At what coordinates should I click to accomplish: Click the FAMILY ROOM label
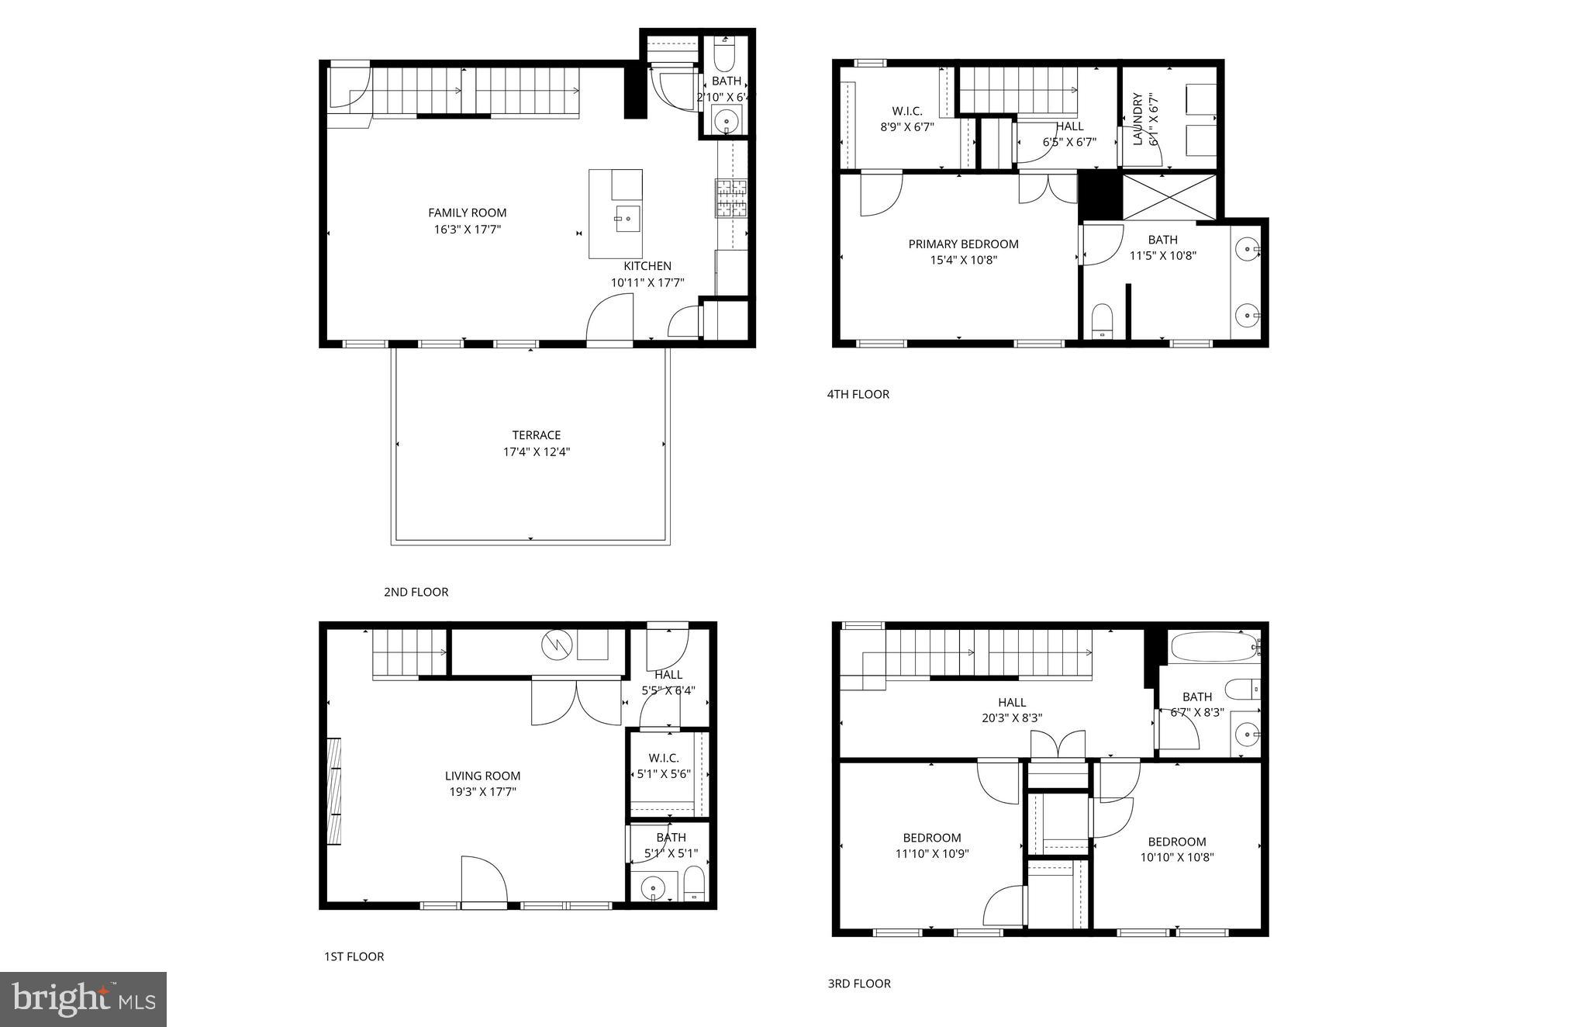point(467,213)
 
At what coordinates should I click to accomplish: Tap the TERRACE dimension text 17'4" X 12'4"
point(536,451)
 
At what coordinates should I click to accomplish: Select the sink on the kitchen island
point(627,219)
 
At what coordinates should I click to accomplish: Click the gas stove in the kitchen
point(730,198)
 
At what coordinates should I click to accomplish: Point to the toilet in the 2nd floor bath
point(724,57)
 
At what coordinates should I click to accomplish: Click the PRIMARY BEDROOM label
point(963,244)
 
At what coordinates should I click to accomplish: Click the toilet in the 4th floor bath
point(1102,320)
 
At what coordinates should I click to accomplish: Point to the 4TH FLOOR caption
point(858,394)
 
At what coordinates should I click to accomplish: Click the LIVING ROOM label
point(482,776)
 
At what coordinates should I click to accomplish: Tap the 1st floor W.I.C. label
point(664,758)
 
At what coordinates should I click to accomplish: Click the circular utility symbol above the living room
point(556,645)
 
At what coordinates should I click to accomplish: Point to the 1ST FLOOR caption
point(354,956)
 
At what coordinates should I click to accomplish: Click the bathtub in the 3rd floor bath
point(1213,646)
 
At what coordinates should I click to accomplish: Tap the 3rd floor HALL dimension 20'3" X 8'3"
point(1011,718)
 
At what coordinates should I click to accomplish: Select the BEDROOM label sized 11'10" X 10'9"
point(931,838)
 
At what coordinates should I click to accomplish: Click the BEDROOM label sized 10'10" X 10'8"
point(1176,842)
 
